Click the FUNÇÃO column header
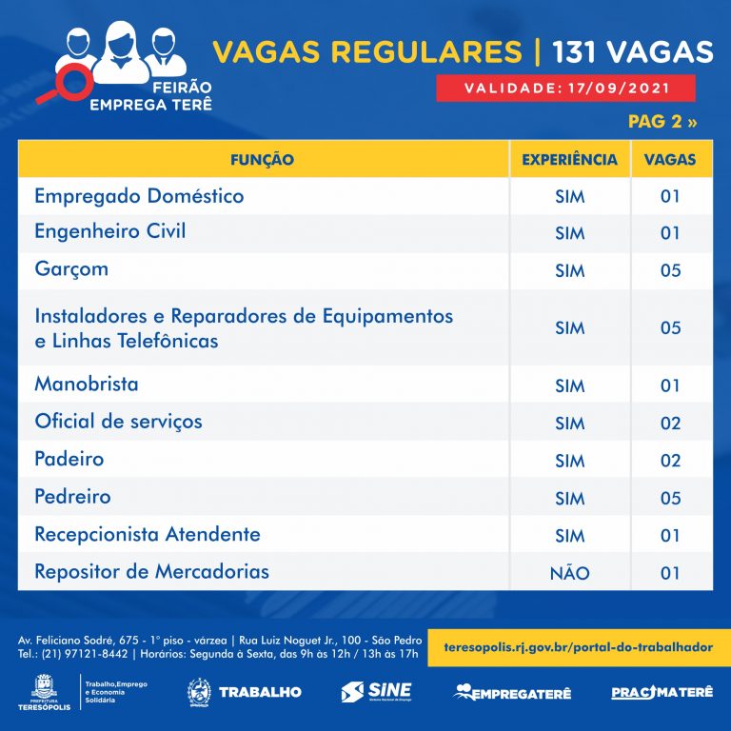pyautogui.click(x=262, y=159)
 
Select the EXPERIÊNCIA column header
pyautogui.click(x=569, y=159)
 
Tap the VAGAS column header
pyautogui.click(x=670, y=159)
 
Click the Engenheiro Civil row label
pyautogui.click(x=109, y=231)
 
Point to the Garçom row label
pyautogui.click(x=71, y=268)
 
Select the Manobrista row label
pyautogui.click(x=86, y=385)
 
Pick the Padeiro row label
pyautogui.click(x=69, y=459)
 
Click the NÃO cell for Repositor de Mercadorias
pyautogui.click(x=569, y=573)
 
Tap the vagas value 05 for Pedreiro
pyautogui.click(x=670, y=498)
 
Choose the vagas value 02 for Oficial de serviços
pyautogui.click(x=670, y=424)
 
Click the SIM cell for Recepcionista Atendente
pyautogui.click(x=569, y=536)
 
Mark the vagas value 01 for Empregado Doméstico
pyautogui.click(x=670, y=197)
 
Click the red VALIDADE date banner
pyautogui.click(x=565, y=89)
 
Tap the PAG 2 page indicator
pyautogui.click(x=662, y=122)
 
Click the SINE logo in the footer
pyautogui.click(x=376, y=692)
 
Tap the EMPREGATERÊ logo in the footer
pyautogui.click(x=512, y=692)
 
